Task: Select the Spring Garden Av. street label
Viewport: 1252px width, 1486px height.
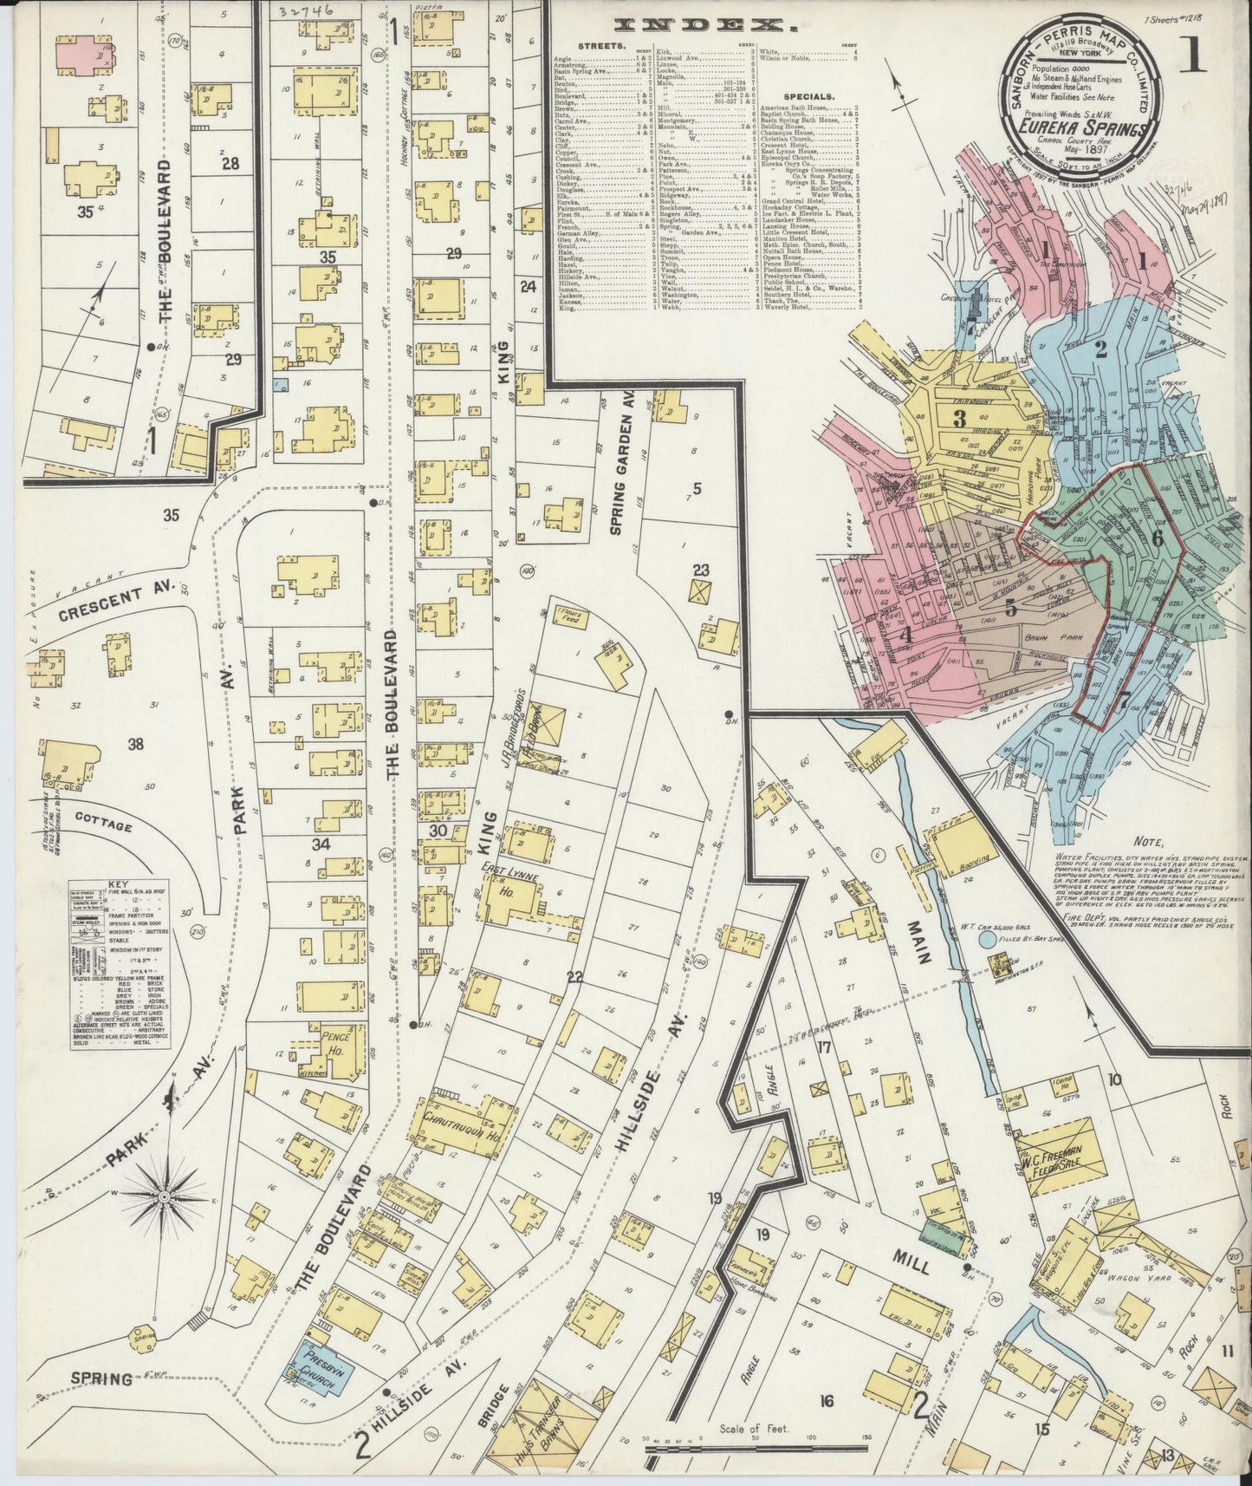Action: (x=620, y=468)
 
